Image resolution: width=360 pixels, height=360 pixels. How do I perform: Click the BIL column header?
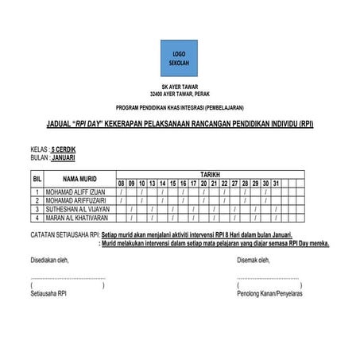click(x=37, y=179)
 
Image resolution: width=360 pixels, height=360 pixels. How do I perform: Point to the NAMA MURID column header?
click(x=79, y=179)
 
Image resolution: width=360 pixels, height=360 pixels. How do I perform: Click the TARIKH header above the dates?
click(x=210, y=173)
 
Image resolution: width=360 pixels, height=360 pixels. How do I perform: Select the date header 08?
click(x=122, y=184)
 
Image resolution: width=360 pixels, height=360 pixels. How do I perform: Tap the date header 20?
click(x=204, y=184)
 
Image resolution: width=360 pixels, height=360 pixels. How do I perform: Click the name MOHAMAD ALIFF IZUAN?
click(x=76, y=192)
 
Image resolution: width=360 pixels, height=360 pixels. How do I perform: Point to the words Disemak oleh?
click(x=256, y=259)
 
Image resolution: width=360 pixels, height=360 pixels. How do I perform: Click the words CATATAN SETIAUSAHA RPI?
click(x=64, y=235)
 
